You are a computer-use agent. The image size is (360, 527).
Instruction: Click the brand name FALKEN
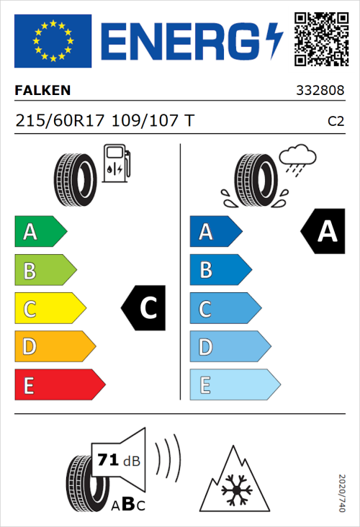pyautogui.click(x=43, y=91)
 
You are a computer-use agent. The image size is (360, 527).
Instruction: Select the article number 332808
pyautogui.click(x=320, y=91)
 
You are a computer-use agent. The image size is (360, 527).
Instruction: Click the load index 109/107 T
pyautogui.click(x=152, y=121)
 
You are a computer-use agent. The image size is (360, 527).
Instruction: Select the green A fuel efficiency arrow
pyautogui.click(x=40, y=232)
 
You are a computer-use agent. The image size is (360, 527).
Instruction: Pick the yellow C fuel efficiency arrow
pyautogui.click(x=50, y=309)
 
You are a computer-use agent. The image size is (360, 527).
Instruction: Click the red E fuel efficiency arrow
pyautogui.click(x=59, y=385)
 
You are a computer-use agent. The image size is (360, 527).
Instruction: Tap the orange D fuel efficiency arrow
pyautogui.click(x=55, y=347)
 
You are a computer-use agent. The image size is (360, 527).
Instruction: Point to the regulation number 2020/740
pyautogui.click(x=343, y=492)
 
